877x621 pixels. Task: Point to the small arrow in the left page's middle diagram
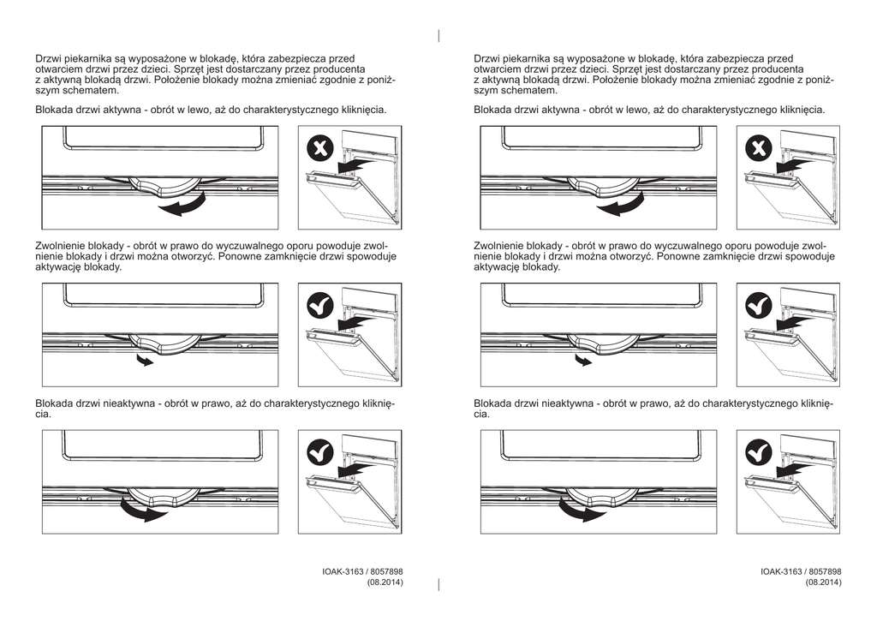pyautogui.click(x=145, y=361)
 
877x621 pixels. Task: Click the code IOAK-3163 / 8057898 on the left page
pyautogui.click(x=363, y=571)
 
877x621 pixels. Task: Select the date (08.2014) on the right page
pyautogui.click(x=823, y=582)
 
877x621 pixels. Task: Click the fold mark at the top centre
pyautogui.click(x=438, y=35)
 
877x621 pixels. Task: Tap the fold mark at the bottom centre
pyautogui.click(x=438, y=584)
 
